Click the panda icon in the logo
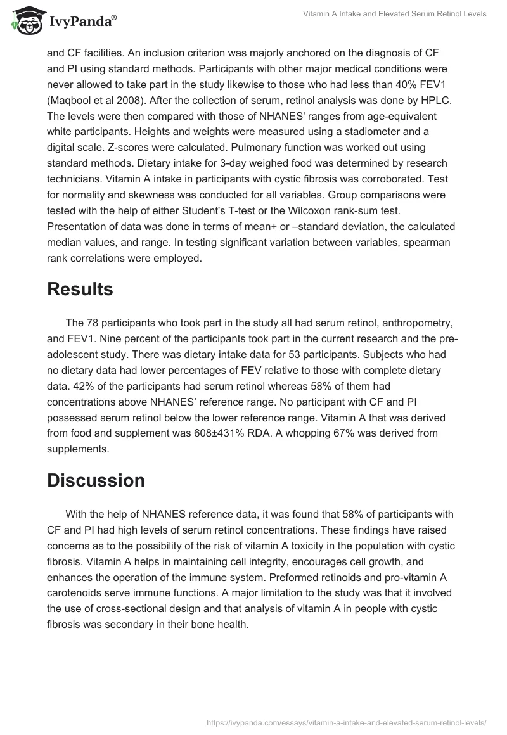pos(26,21)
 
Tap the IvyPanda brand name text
pos(83,22)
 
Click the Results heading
pos(80,289)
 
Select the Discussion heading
pos(96,480)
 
